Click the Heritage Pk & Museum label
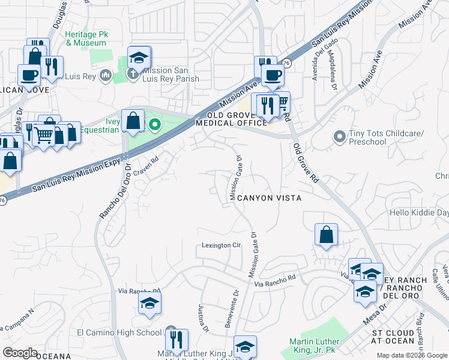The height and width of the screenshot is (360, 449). (86, 39)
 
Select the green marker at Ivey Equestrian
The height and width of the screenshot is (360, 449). (154, 125)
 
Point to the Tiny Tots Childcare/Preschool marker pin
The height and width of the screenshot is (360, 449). (339, 137)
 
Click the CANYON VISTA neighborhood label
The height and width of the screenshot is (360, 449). (268, 197)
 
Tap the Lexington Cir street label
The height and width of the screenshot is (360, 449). (221, 245)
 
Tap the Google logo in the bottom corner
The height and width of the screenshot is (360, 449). (20, 353)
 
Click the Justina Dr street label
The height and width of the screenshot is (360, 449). (203, 319)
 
